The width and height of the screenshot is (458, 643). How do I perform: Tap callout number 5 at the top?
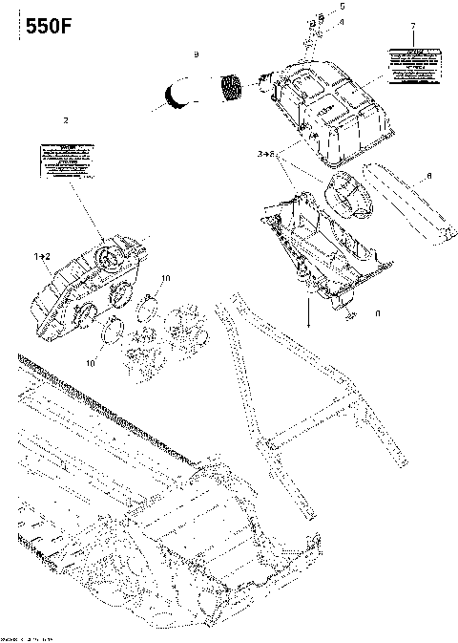[x=318, y=6]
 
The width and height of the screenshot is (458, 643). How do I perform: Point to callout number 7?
[x=412, y=26]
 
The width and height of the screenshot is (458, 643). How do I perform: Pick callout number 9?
[x=196, y=55]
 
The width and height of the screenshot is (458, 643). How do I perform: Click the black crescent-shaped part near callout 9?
[x=177, y=94]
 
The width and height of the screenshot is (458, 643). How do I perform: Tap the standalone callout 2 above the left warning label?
[x=65, y=121]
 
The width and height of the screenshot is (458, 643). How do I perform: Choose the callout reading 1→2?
[x=42, y=258]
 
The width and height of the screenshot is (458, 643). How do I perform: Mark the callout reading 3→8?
[x=266, y=153]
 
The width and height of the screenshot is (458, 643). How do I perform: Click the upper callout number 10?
[x=166, y=278]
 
